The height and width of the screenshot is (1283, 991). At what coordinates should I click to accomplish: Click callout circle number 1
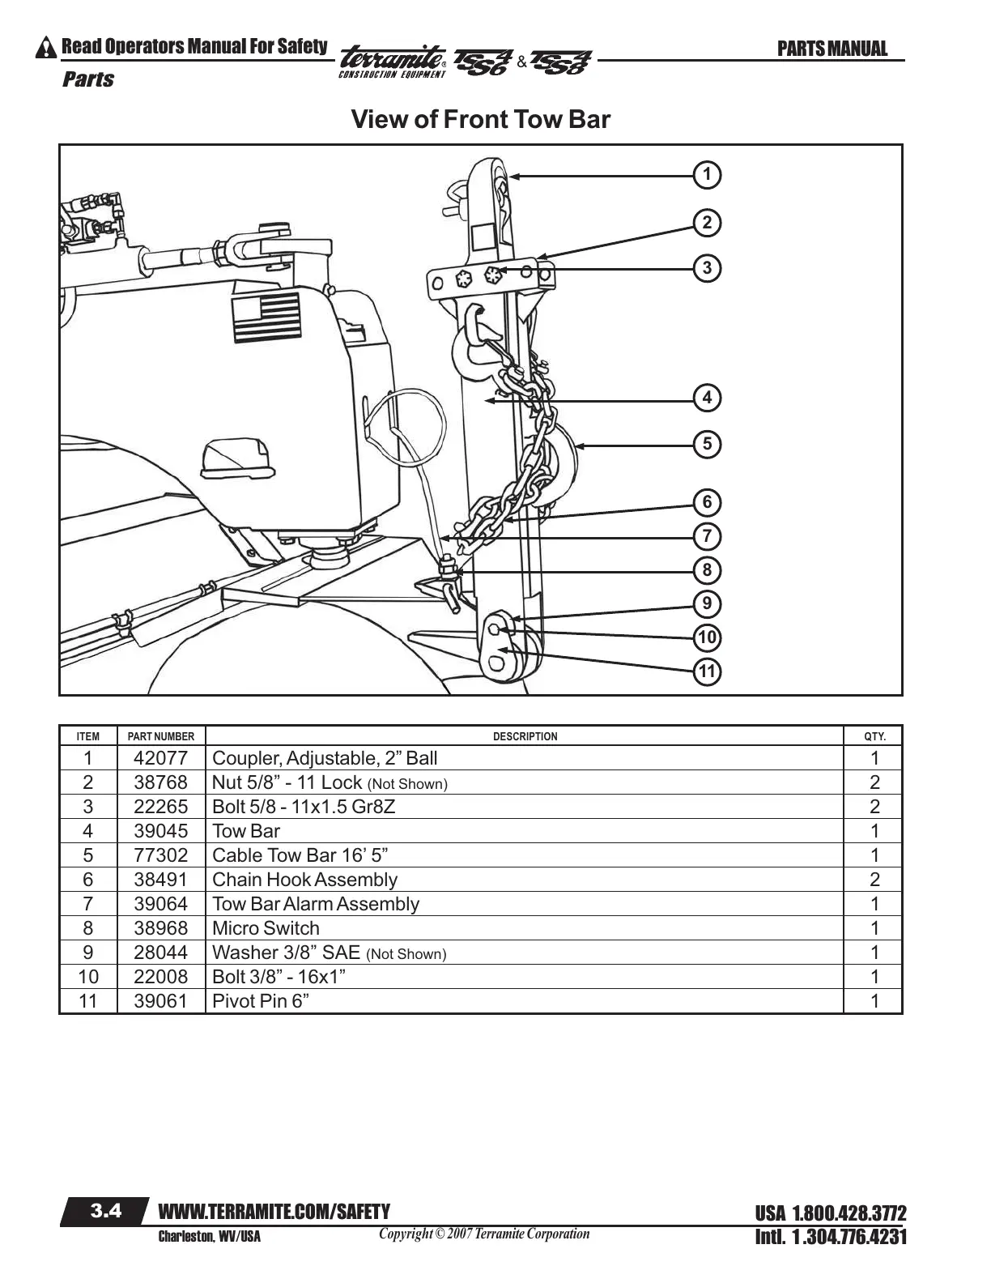(707, 174)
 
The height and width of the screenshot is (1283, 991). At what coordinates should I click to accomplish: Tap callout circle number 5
(707, 444)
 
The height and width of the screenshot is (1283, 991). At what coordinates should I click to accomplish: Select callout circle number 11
(707, 671)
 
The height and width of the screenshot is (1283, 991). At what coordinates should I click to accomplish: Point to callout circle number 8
(707, 570)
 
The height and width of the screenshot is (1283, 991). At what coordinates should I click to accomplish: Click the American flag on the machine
(265, 319)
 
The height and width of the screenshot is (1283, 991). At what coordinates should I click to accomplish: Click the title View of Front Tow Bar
(480, 120)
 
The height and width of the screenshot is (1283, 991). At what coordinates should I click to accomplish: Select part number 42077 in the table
(160, 758)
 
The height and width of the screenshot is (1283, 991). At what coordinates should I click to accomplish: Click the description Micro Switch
(266, 928)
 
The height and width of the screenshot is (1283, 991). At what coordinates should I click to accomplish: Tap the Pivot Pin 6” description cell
(261, 1001)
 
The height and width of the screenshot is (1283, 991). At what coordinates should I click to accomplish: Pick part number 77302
(160, 855)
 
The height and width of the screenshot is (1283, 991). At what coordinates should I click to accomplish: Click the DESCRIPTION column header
(525, 736)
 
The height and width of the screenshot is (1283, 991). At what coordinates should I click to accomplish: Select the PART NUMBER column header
(161, 736)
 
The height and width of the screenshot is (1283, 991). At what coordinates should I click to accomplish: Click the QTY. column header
(874, 736)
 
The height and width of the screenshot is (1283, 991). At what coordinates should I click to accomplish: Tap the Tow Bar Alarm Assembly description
(316, 904)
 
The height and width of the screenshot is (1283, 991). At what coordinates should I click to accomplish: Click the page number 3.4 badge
(105, 1212)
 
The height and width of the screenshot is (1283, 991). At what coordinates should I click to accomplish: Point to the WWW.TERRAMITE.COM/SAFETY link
(274, 1212)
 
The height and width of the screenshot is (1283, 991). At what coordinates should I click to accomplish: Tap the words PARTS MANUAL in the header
(832, 49)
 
